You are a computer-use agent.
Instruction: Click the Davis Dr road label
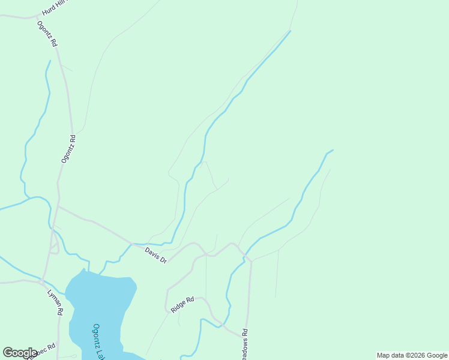(x=155, y=254)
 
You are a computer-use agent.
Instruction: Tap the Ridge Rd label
(x=182, y=304)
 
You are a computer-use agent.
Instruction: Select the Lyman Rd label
(x=55, y=302)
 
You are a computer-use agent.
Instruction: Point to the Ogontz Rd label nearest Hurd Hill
(x=47, y=34)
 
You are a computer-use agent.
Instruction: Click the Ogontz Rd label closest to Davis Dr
(x=68, y=148)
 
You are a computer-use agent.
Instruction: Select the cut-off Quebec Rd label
(x=41, y=350)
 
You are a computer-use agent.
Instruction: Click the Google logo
(x=20, y=353)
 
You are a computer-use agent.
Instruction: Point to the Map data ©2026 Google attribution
(x=412, y=355)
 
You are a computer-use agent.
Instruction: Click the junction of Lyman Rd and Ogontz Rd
(x=41, y=280)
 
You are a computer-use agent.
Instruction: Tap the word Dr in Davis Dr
(x=163, y=259)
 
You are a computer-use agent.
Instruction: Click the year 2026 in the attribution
(x=416, y=355)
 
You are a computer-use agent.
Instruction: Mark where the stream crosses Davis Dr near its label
(x=131, y=244)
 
